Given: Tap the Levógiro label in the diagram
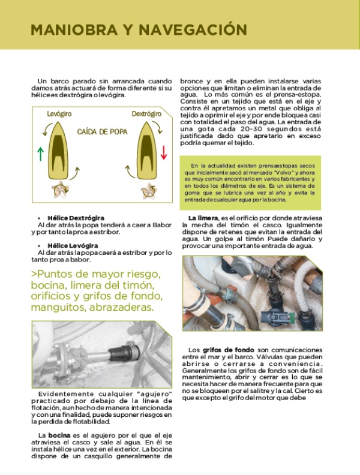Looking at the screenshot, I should click(x=59, y=113).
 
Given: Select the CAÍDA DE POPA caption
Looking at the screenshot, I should click(x=101, y=131).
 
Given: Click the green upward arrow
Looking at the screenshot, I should click(x=40, y=153).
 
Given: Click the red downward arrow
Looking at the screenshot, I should click(x=164, y=152).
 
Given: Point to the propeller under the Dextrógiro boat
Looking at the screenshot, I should click(x=145, y=191).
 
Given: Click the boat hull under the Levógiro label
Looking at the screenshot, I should click(x=59, y=150).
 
